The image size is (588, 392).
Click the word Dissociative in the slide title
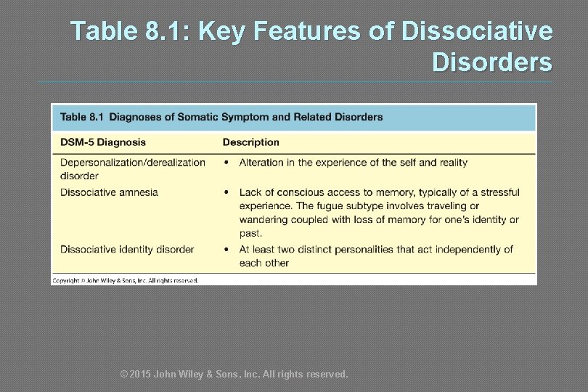coord(476,31)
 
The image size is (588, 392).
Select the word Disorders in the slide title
coord(491,62)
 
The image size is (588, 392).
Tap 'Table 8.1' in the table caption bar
coord(82,117)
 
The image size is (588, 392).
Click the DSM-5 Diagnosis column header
coord(103,142)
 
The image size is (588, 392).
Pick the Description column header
coord(250,142)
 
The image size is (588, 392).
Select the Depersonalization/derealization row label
coord(133,163)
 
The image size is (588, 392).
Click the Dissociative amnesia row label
coord(109,192)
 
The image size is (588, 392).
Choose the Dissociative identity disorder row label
coord(127,250)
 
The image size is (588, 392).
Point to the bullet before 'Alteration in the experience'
coord(226,163)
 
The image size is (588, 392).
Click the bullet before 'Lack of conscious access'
coord(226,192)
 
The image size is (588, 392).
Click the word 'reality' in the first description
coord(450,163)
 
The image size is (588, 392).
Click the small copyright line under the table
coord(125,280)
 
